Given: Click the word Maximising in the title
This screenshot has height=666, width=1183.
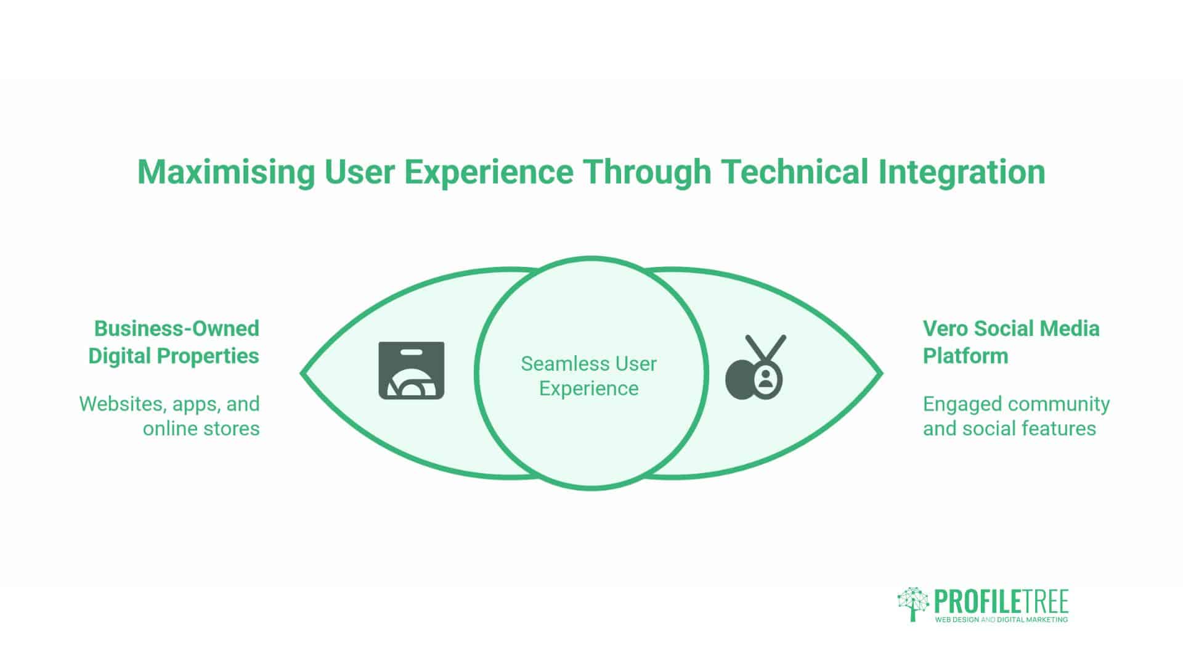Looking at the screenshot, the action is (226, 172).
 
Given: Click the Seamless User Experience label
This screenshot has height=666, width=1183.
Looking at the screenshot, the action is (589, 376).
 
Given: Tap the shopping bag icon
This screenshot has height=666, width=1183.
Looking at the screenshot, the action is (412, 370).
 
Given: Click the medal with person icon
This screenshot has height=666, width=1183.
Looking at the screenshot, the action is (756, 368).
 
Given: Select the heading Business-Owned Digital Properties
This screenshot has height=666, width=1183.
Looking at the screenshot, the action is (174, 342).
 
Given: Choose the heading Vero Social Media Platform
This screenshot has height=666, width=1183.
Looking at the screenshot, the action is (1010, 342).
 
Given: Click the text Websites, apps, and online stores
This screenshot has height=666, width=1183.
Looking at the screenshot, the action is (169, 416).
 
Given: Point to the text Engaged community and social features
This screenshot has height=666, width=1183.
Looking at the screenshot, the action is (1016, 416).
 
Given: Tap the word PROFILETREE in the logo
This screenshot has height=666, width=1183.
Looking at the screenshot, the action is (1001, 601).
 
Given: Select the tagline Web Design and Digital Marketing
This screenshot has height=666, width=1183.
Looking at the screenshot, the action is (1001, 619).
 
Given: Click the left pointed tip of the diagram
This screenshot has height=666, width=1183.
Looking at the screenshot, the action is (301, 373).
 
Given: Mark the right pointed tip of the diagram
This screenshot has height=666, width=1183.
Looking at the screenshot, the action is (882, 373).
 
